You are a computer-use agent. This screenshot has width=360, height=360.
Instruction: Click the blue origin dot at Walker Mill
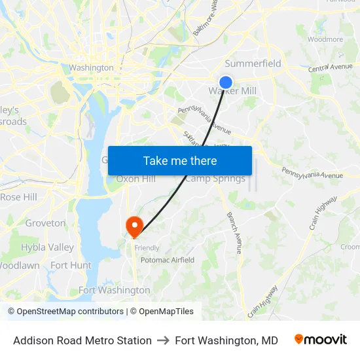[x=226, y=82]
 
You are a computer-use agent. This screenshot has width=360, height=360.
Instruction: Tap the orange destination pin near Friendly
[x=134, y=226]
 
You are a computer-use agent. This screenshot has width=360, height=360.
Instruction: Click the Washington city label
[x=91, y=67]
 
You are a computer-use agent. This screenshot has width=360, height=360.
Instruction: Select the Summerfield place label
[x=253, y=63]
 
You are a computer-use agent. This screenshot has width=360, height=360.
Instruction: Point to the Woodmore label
[x=325, y=39]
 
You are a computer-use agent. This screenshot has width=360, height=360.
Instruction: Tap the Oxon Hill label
[x=135, y=179]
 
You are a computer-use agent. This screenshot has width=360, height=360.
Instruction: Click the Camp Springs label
[x=215, y=179]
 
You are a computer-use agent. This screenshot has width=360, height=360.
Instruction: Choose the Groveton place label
[x=45, y=223]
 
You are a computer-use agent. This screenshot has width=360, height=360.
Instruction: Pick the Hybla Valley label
[x=47, y=247]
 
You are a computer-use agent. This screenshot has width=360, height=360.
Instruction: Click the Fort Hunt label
[x=71, y=265]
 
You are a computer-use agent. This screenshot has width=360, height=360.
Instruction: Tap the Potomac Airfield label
[x=168, y=260]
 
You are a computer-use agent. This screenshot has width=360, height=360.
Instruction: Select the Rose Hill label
[x=18, y=197]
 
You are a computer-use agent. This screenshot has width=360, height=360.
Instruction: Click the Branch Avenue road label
[x=234, y=232]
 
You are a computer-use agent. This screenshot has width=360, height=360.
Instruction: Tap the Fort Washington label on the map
[x=114, y=290]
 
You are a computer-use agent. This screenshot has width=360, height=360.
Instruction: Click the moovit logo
[x=321, y=340]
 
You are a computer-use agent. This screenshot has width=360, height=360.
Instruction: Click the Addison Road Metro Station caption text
[x=82, y=340]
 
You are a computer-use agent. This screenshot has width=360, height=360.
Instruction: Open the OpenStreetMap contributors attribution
[x=70, y=312]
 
